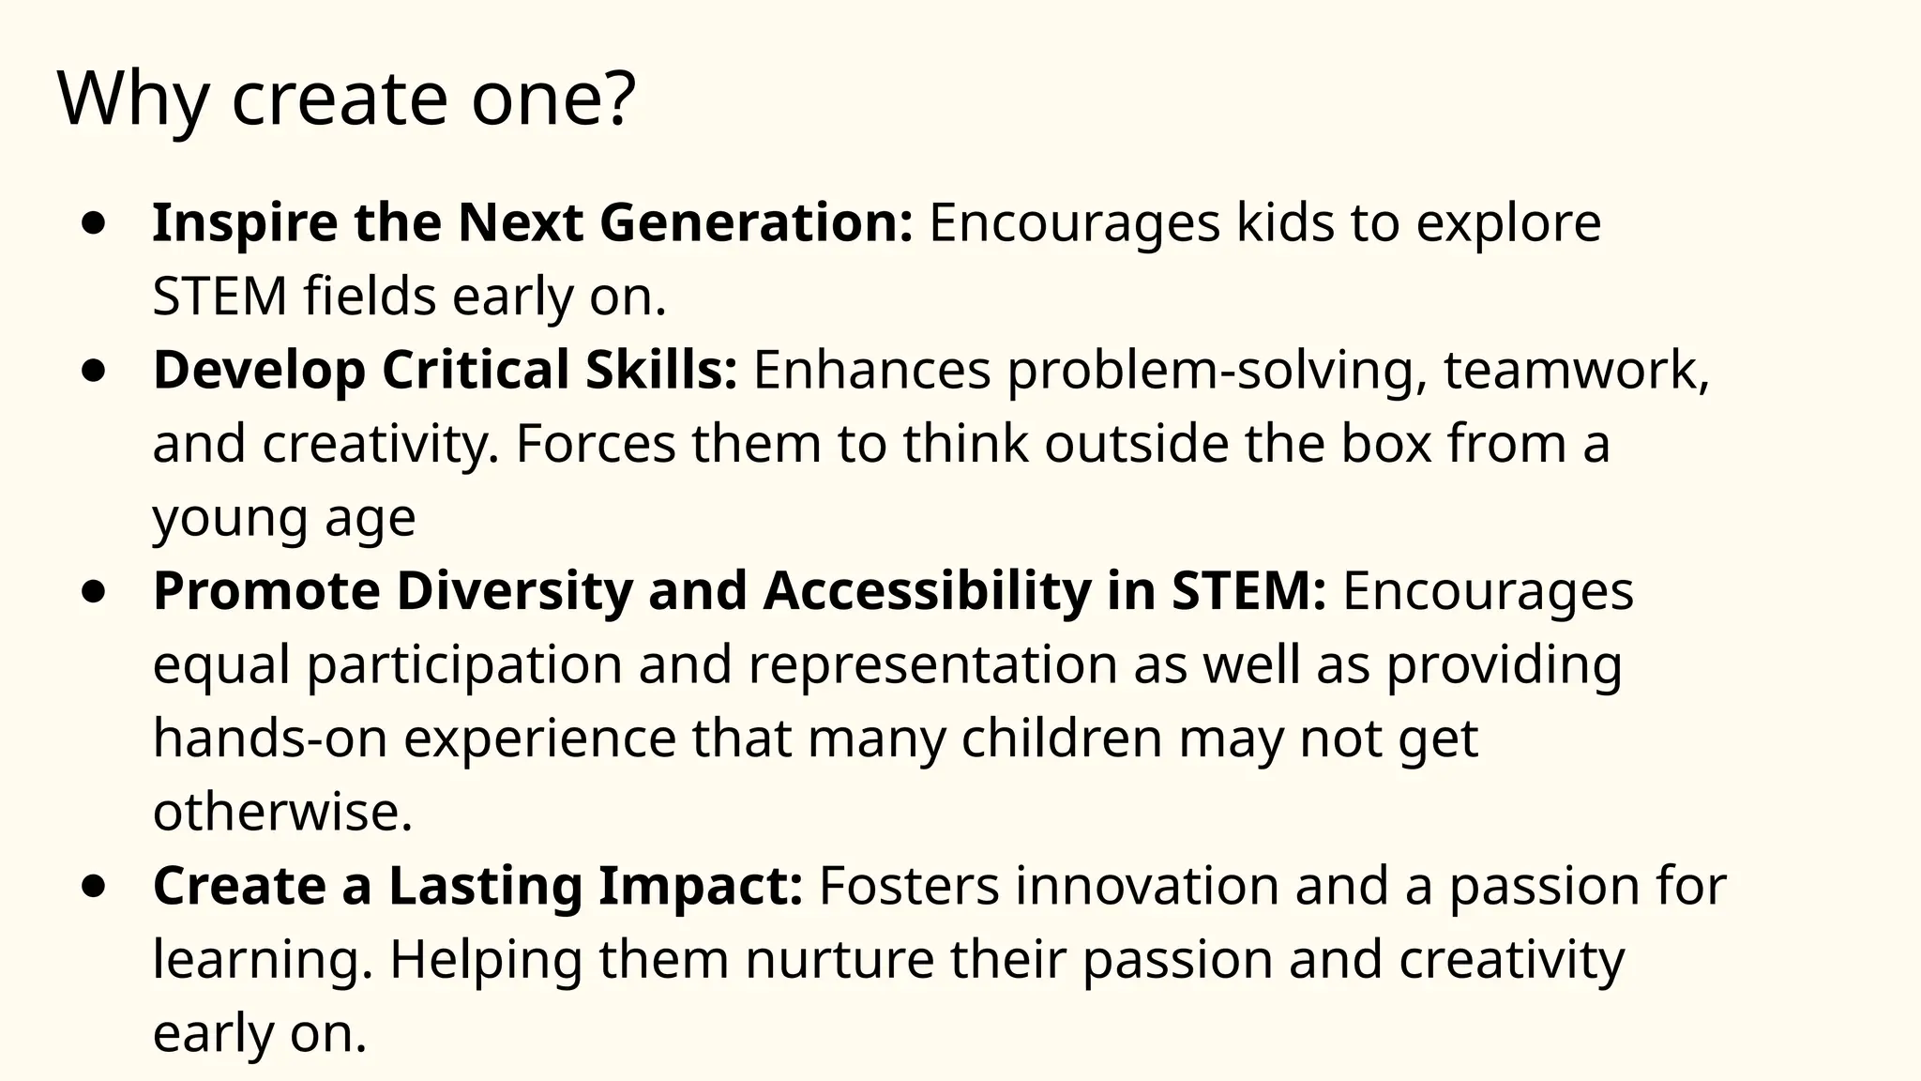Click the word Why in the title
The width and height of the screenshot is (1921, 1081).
point(132,99)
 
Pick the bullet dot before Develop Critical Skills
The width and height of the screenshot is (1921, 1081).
point(93,371)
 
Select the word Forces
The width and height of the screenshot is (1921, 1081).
point(596,444)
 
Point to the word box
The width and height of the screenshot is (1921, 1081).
point(1386,444)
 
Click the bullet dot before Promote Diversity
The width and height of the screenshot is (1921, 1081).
point(93,592)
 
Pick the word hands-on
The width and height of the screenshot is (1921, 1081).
point(270,738)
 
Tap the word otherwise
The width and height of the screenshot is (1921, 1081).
point(282,812)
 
